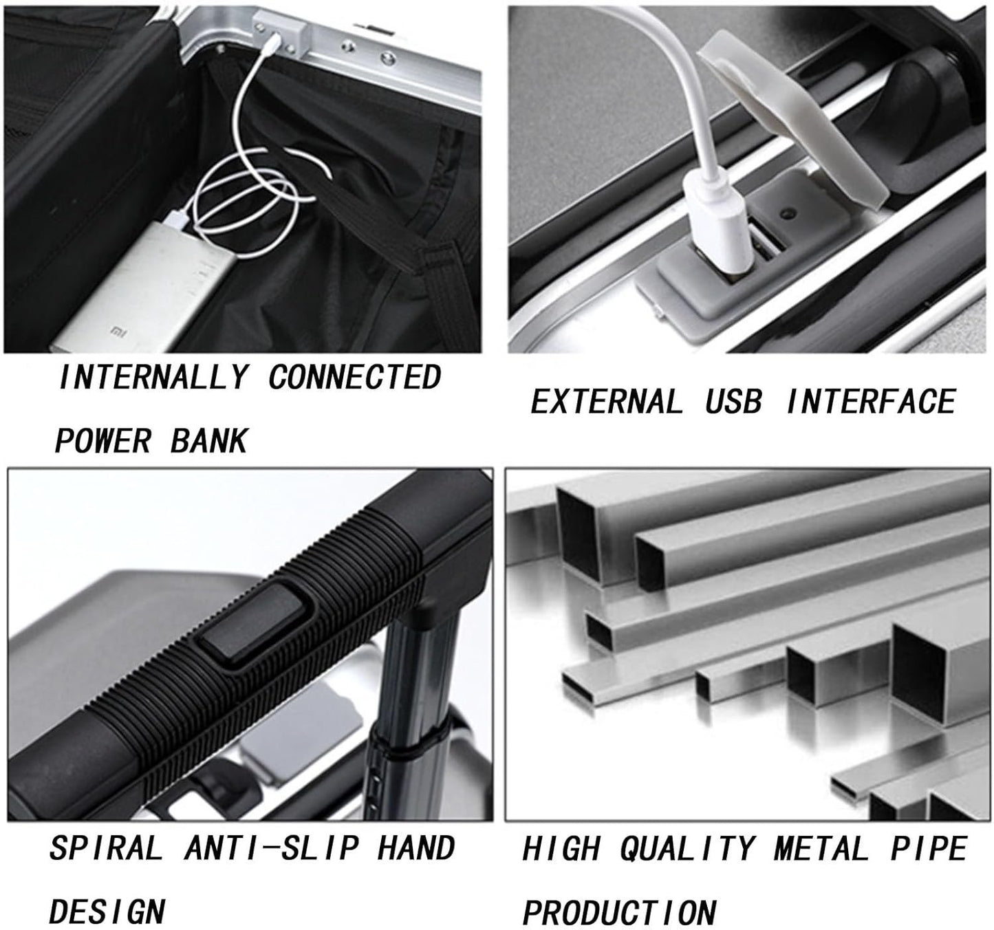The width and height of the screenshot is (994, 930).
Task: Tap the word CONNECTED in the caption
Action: tap(354, 378)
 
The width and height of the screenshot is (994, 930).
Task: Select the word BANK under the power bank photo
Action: tap(209, 441)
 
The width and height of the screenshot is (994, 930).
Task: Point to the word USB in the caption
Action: tap(733, 402)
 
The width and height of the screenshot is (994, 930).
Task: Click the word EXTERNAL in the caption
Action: tap(607, 402)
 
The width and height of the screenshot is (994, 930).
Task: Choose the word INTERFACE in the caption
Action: tap(871, 402)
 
